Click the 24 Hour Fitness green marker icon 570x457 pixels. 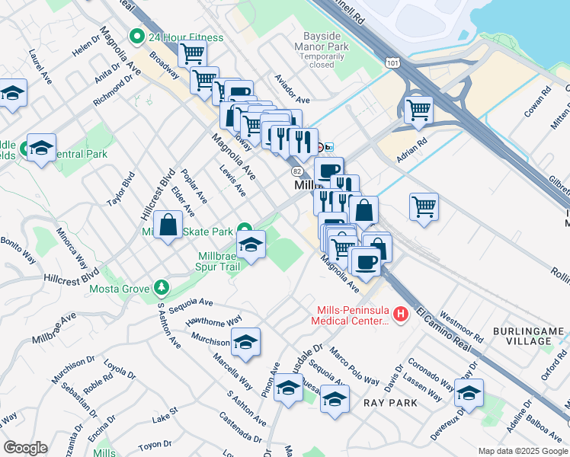[137, 37]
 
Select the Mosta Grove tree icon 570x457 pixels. [161, 288]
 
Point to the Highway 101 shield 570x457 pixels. [389, 59]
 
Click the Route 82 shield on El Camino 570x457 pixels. [296, 171]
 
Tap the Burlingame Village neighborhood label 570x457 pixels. [528, 336]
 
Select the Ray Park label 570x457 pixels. [390, 402]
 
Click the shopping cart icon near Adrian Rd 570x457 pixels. [418, 110]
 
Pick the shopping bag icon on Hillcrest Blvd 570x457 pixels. [168, 225]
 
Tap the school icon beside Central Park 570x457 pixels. [41, 146]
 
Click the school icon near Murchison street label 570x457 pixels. [245, 342]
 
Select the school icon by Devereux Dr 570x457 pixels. [469, 392]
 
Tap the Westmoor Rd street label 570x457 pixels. [463, 323]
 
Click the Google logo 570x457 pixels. [25, 448]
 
